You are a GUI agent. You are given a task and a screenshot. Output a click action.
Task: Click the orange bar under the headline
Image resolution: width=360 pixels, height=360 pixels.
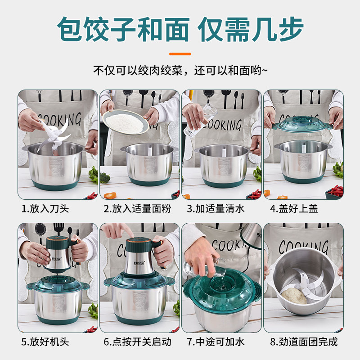point(180,54)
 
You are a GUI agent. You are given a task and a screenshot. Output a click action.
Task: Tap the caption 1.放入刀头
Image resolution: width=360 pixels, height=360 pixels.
point(45,209)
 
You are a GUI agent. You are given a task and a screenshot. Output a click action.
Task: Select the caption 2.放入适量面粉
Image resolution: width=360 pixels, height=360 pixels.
point(137,209)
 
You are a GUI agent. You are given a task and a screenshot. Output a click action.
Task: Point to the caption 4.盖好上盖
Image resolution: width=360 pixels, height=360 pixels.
point(294,209)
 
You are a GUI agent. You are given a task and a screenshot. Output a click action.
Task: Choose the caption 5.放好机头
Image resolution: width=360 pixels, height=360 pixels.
point(45,342)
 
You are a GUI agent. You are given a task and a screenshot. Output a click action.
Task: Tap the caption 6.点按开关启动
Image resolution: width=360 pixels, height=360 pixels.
point(137,342)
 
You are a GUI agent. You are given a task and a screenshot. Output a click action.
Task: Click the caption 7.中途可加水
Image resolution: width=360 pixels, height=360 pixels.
point(216,342)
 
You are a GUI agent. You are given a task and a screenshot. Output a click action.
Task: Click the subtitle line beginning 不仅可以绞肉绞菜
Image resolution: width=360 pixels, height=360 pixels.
point(180,71)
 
